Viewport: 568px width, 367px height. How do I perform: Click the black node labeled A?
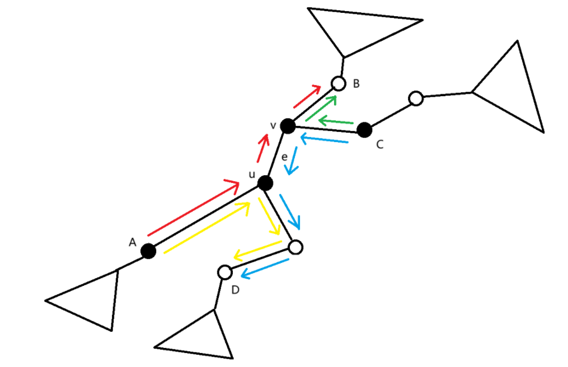point(148,251)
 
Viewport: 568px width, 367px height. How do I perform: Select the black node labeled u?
point(265,182)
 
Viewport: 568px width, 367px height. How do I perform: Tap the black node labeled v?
point(288,126)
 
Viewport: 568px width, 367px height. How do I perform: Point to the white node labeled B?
point(337,83)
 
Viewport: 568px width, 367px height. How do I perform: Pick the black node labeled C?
point(364,130)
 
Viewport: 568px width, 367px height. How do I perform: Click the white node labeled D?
point(224,272)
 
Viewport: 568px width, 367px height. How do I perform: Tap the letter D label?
point(236,289)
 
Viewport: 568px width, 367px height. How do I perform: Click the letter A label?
point(133,242)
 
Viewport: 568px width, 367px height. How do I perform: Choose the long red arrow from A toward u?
point(194,208)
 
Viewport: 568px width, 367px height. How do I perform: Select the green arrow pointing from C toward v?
point(336,121)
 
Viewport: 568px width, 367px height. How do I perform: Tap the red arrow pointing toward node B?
point(307,96)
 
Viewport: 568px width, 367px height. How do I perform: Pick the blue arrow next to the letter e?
point(292,162)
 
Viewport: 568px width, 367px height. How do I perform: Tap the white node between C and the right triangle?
point(415,98)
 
